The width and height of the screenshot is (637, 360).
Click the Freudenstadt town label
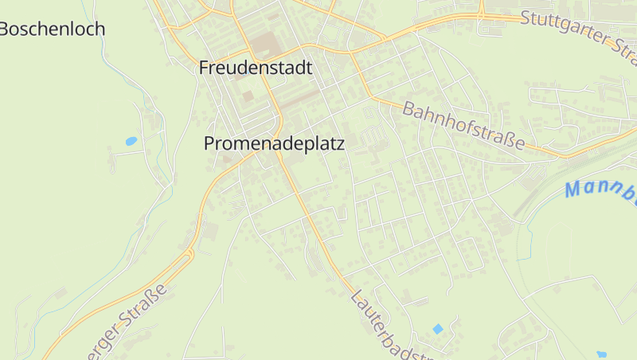(255, 68)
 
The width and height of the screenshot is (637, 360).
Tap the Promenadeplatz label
(274, 143)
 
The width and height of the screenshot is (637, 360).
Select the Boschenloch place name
(53, 29)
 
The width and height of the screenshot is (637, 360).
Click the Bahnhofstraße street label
(464, 125)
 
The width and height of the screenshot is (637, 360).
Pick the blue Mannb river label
(600, 191)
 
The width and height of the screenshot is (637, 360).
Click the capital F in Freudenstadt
(205, 68)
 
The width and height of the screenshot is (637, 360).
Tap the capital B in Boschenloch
(5, 29)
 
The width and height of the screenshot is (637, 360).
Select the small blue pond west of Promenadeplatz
(131, 141)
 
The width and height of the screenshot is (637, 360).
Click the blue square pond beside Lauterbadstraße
(437, 328)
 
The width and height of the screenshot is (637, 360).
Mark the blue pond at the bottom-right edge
(601, 354)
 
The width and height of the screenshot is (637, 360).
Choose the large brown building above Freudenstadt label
(264, 44)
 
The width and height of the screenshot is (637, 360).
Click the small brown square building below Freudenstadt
(248, 96)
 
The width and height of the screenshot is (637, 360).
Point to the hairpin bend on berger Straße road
(190, 255)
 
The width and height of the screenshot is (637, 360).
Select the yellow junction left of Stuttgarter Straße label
(482, 16)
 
